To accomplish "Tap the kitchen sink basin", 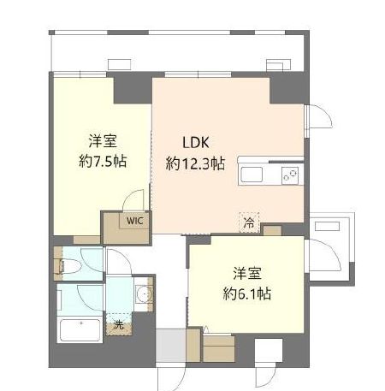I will (253, 175).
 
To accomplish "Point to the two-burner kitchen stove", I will (291, 175).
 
